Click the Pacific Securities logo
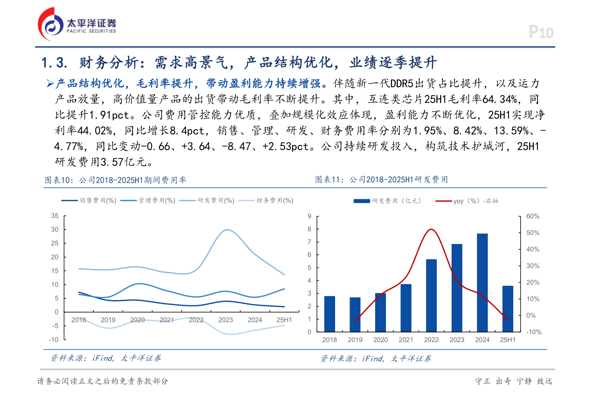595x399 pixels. [77, 24]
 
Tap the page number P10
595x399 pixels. [541, 32]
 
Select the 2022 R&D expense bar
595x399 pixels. [431, 295]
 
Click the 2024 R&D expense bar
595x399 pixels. [482, 282]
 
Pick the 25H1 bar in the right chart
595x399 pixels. [508, 308]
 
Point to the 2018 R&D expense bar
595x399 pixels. [330, 314]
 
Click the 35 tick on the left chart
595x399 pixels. [55, 216]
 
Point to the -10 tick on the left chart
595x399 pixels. [54, 339]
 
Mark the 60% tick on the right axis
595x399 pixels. [533, 216]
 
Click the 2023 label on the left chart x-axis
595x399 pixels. [226, 320]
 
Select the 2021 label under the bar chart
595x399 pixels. [406, 340]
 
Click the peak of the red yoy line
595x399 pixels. [431, 229]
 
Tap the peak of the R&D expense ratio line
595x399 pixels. [227, 230]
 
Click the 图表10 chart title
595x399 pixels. [116, 180]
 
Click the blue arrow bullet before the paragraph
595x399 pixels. [50, 84]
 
